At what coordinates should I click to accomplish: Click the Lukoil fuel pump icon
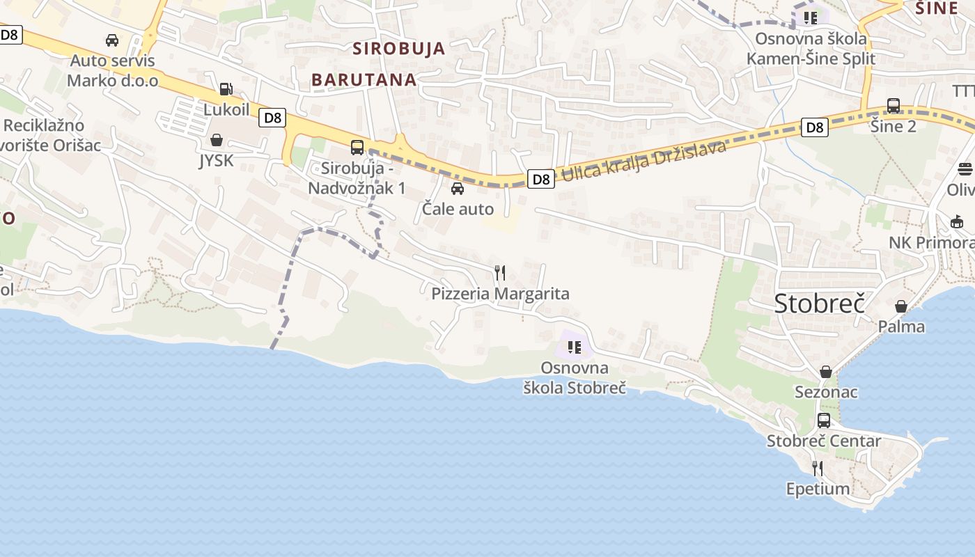click(x=226, y=89)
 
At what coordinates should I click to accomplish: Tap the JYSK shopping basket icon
click(x=217, y=141)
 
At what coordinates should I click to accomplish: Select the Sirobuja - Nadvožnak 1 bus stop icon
click(x=357, y=147)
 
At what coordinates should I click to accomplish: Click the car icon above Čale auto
click(x=458, y=189)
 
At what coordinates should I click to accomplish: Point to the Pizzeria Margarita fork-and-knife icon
click(x=500, y=273)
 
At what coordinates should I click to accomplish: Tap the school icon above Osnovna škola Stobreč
click(x=575, y=347)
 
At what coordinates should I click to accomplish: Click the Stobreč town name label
click(x=819, y=304)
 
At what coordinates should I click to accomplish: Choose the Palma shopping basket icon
click(x=901, y=306)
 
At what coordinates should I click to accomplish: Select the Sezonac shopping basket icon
click(x=826, y=372)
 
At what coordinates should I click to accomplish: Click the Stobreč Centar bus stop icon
click(x=824, y=421)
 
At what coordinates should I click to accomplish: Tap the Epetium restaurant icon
click(x=818, y=468)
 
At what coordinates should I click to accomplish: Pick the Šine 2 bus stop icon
click(x=894, y=106)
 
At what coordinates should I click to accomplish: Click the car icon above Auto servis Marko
click(x=112, y=40)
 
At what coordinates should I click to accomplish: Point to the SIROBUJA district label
click(x=398, y=49)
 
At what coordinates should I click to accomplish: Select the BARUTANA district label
click(x=364, y=79)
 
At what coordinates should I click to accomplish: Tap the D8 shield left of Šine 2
click(x=814, y=127)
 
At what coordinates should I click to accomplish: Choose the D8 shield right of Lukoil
click(x=272, y=118)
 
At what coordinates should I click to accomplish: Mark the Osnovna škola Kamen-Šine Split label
click(x=811, y=48)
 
